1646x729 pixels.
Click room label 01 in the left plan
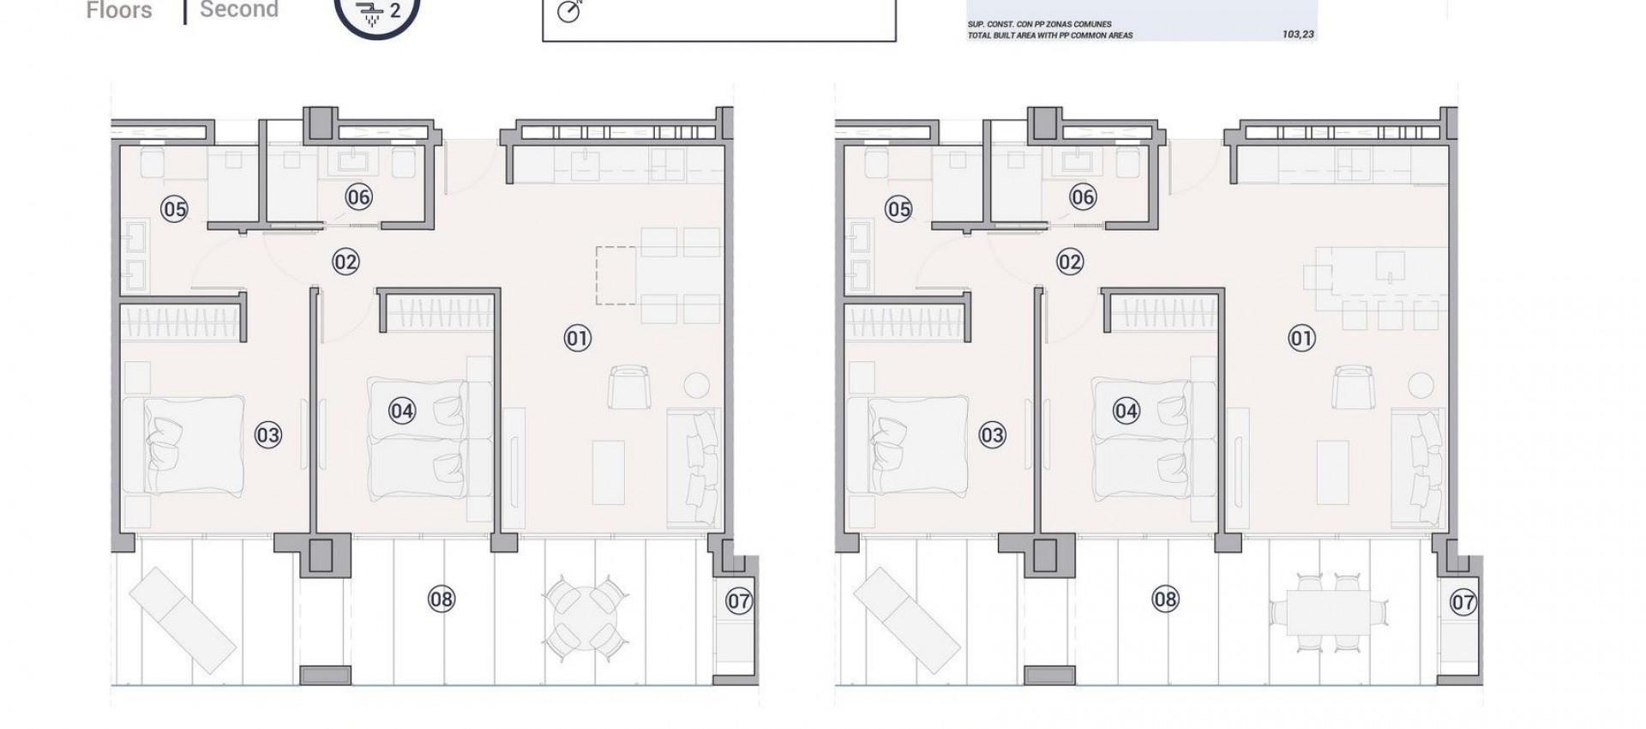coord(577,338)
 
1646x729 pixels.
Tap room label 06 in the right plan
coord(1083,197)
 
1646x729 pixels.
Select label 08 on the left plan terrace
coord(442,599)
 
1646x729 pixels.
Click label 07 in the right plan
coord(1463,602)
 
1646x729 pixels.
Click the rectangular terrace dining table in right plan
coord(1330,614)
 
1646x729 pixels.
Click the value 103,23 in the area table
coord(1298,35)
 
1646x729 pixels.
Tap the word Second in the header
coord(238,10)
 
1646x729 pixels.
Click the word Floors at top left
coord(119,10)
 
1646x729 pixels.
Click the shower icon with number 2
coord(376,12)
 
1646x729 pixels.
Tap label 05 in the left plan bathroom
coord(174,208)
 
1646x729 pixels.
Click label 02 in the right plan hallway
coord(1070,262)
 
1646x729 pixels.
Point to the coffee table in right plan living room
coord(1333,472)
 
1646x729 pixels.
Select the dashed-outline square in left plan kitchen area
coord(616,275)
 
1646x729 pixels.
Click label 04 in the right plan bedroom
coord(1126,411)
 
